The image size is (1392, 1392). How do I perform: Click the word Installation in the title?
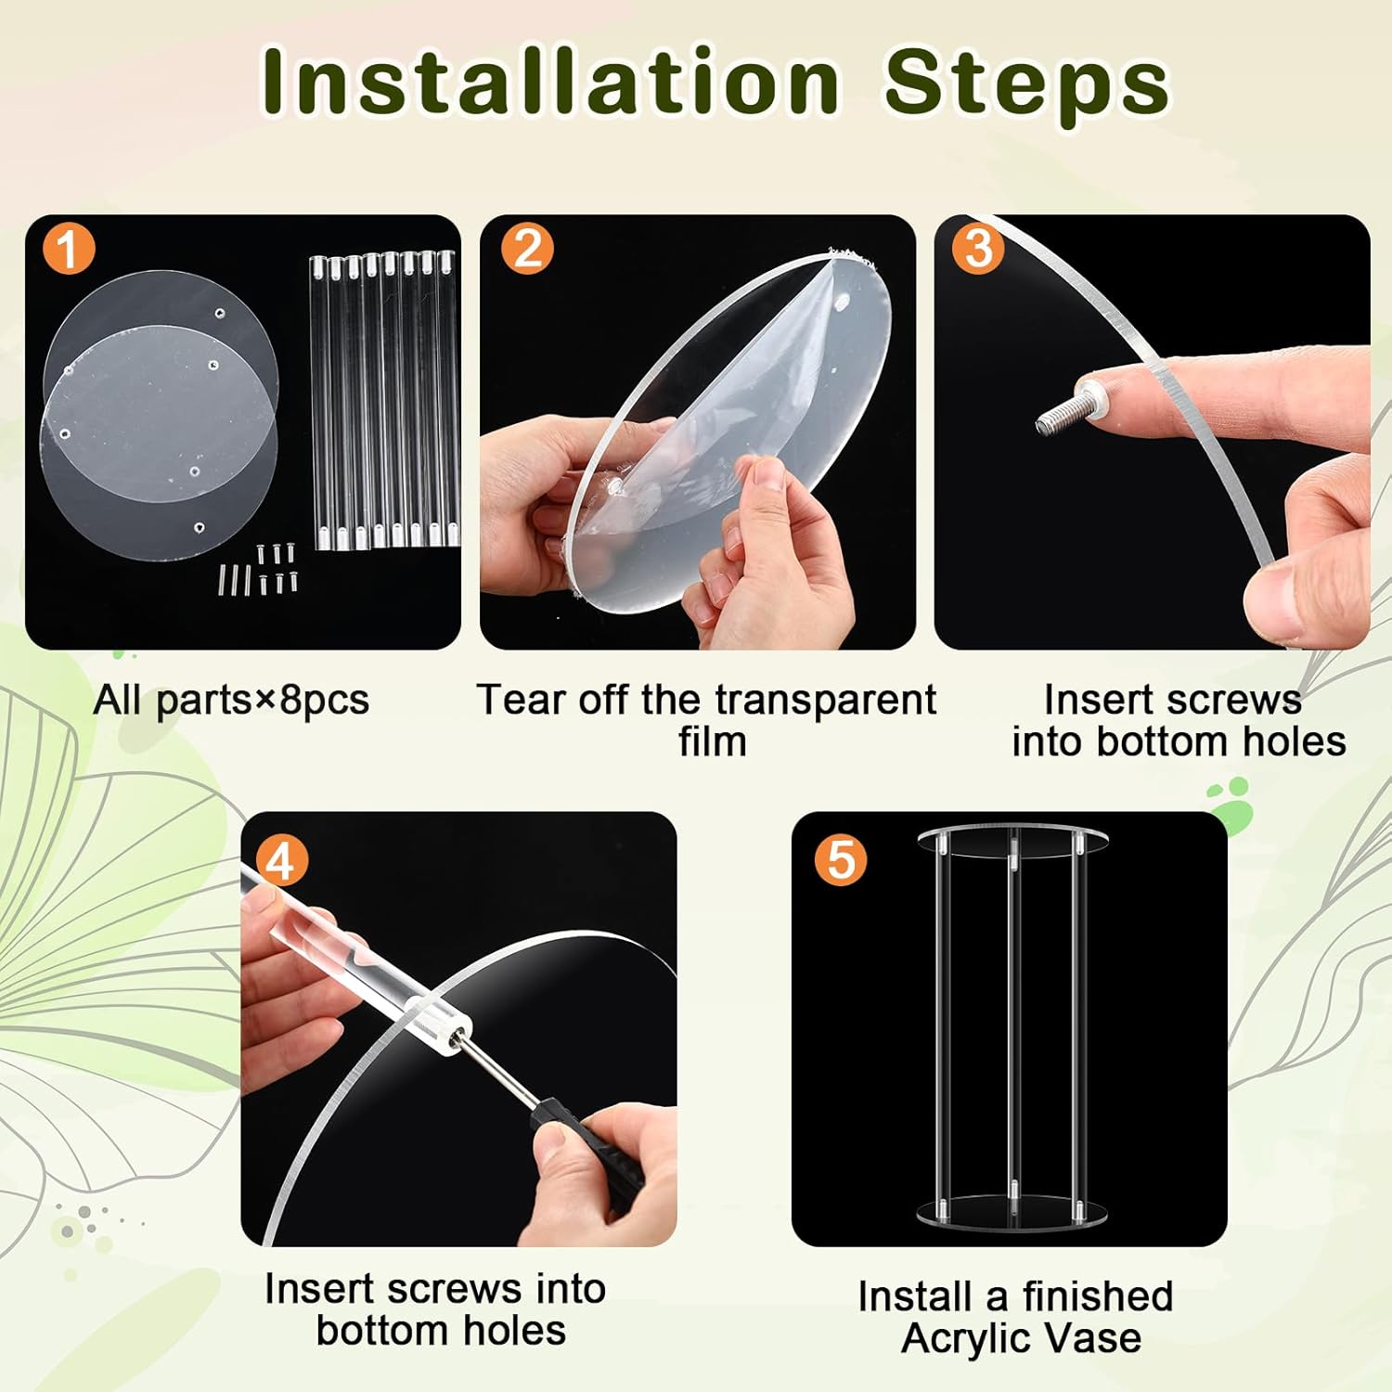[551, 82]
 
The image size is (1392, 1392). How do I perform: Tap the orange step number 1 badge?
[68, 249]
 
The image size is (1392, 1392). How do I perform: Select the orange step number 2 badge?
[527, 249]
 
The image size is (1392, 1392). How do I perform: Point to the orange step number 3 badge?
[978, 249]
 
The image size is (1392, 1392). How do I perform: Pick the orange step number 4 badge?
[280, 860]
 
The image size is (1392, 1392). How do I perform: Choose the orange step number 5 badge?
[841, 860]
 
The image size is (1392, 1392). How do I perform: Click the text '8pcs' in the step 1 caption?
[324, 701]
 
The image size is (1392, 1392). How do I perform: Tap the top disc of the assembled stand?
[1013, 839]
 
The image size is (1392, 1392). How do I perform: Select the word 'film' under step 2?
[712, 742]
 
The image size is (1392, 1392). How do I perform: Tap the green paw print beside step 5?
[1231, 806]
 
